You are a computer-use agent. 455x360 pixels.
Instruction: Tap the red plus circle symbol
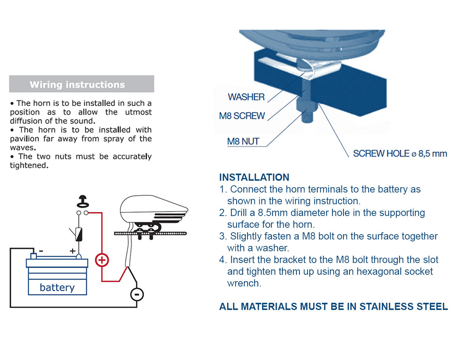tap(102, 260)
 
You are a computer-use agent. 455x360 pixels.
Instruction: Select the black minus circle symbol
tap(137, 294)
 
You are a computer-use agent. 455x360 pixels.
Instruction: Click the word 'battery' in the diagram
tap(57, 287)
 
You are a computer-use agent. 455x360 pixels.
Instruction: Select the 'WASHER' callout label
tap(246, 97)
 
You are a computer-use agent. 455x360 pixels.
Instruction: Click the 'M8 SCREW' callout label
tap(242, 116)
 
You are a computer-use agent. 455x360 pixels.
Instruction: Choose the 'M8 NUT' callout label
tap(243, 142)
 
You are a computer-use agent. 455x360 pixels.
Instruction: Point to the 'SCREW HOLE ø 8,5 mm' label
tap(400, 153)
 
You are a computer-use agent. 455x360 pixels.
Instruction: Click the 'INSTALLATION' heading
tap(254, 177)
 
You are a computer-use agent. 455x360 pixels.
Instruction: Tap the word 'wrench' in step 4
tap(244, 283)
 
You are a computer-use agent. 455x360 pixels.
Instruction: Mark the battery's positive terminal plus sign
tap(72, 251)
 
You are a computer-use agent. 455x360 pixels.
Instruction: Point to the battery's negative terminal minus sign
tap(41, 251)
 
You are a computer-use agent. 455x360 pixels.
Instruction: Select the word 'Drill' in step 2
tap(240, 213)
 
